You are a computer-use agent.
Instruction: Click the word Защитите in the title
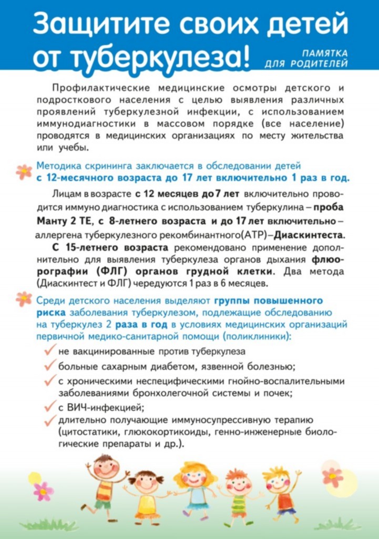pos(96,24)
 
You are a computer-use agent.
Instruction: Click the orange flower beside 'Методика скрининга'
pos(23,171)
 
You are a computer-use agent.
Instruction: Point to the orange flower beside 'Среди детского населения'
pos(23,298)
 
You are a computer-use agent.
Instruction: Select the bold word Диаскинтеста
pos(310,234)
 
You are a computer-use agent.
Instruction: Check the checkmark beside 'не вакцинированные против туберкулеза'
pos(50,350)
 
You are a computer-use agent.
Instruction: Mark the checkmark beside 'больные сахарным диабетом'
pos(50,365)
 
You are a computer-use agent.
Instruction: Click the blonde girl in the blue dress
pos(193,490)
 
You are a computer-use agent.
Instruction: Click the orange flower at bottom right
pos(333,476)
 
